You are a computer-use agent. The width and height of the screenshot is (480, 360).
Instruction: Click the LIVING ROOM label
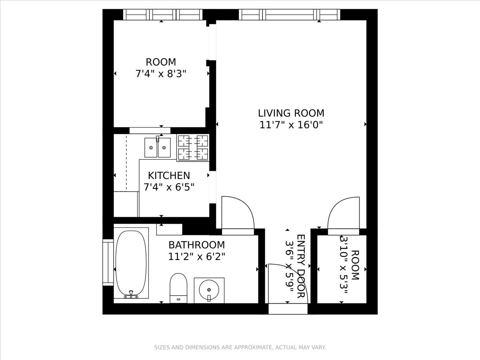coord(291,113)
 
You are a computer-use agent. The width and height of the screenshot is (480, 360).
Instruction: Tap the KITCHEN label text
coord(169,176)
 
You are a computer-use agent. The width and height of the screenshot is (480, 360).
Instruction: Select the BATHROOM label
coord(196,245)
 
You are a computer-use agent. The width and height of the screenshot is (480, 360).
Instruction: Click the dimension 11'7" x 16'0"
coord(291,125)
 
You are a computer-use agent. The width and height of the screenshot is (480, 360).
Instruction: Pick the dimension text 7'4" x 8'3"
coord(161,74)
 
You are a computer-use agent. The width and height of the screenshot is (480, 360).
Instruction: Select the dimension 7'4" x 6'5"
coord(169,187)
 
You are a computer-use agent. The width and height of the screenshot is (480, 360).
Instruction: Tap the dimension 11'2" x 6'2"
coord(196,256)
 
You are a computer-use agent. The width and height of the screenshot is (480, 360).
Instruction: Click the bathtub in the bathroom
coord(131,263)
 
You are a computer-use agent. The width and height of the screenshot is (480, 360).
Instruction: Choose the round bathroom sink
coord(209,289)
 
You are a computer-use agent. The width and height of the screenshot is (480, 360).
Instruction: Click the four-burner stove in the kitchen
coord(193,147)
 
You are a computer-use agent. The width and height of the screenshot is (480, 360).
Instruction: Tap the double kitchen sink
coord(158,148)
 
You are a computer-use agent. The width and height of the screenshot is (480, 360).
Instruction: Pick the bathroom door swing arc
coord(238,214)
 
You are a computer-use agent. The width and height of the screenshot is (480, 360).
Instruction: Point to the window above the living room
coord(290,15)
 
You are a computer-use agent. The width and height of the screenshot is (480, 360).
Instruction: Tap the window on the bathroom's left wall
coord(108,262)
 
